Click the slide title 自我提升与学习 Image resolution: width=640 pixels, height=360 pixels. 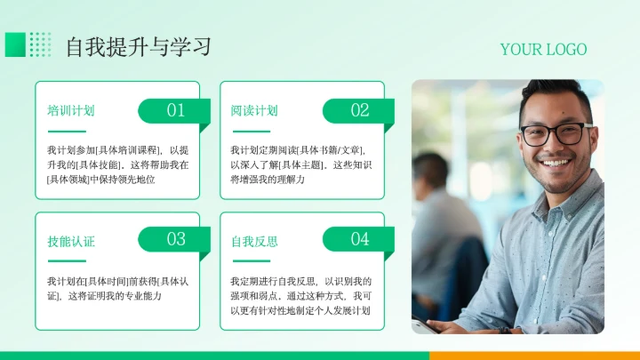[139, 46]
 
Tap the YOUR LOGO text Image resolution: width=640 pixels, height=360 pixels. [543, 50]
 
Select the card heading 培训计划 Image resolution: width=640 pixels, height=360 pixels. [71, 111]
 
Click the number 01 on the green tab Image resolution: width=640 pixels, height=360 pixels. [176, 110]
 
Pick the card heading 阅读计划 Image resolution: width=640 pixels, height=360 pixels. [254, 111]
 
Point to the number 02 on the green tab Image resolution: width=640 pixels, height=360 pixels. [359, 110]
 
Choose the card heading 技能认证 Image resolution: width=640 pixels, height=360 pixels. [71, 241]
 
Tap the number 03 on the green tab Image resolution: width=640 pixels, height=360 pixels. [176, 239]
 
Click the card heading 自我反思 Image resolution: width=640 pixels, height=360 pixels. [254, 241]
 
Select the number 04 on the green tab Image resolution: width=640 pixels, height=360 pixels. [359, 239]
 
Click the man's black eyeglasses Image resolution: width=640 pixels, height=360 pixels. [555, 134]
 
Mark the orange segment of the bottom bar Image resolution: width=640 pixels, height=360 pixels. [533, 356]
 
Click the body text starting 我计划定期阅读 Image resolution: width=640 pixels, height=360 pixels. [301, 164]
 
